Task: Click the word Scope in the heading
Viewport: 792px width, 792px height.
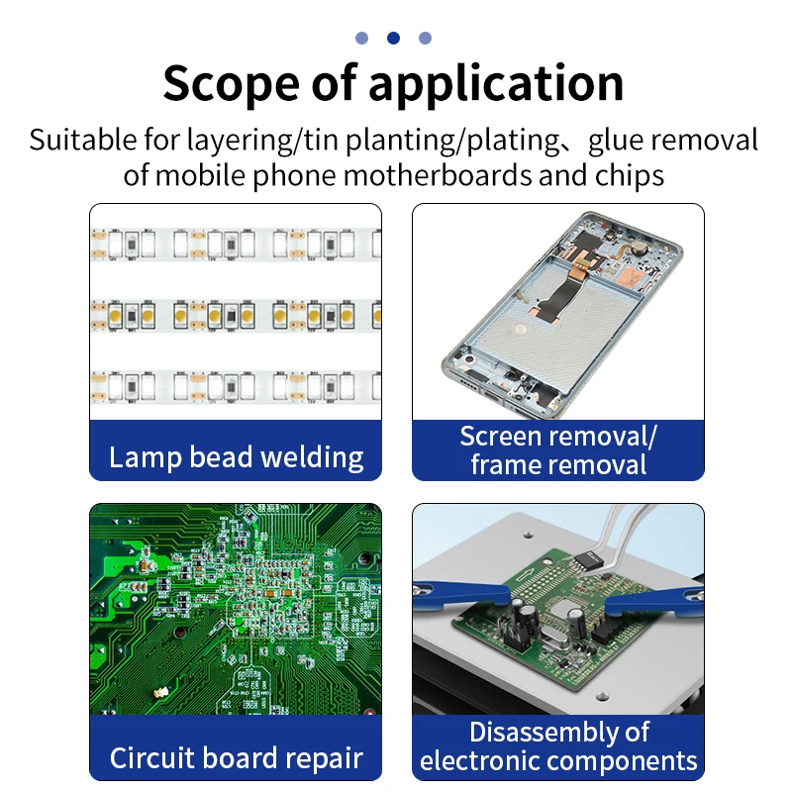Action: (222, 83)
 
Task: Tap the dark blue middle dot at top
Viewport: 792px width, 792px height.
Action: (393, 39)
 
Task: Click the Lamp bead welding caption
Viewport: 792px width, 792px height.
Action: (236, 457)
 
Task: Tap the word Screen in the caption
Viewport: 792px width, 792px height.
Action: (500, 437)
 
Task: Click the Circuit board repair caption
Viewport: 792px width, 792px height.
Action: (236, 758)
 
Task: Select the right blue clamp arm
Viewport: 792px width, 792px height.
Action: (653, 597)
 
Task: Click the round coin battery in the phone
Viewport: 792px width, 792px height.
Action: (638, 242)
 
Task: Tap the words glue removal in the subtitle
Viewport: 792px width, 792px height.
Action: (673, 140)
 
